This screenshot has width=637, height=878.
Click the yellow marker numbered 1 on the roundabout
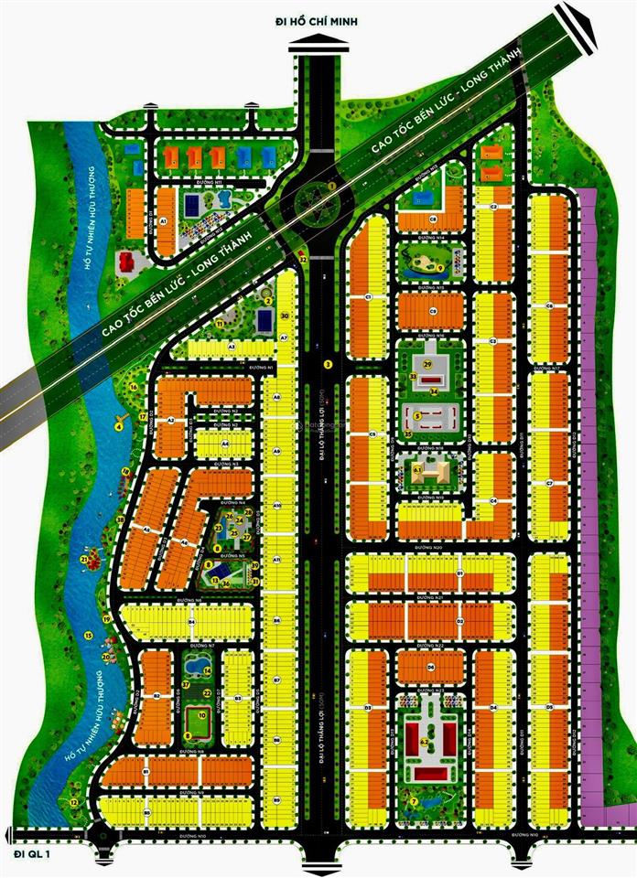pyautogui.click(x=331, y=184)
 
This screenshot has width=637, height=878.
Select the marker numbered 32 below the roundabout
pyautogui.click(x=302, y=261)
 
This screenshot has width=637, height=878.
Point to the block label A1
pyautogui.click(x=163, y=222)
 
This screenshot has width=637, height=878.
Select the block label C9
pyautogui.click(x=434, y=311)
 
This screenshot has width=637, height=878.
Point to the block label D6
pyautogui.click(x=431, y=668)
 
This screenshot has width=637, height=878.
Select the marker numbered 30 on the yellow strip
pyautogui.click(x=285, y=316)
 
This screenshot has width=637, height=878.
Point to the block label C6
pyautogui.click(x=549, y=305)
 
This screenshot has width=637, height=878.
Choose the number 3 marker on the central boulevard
pyautogui.click(x=327, y=364)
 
